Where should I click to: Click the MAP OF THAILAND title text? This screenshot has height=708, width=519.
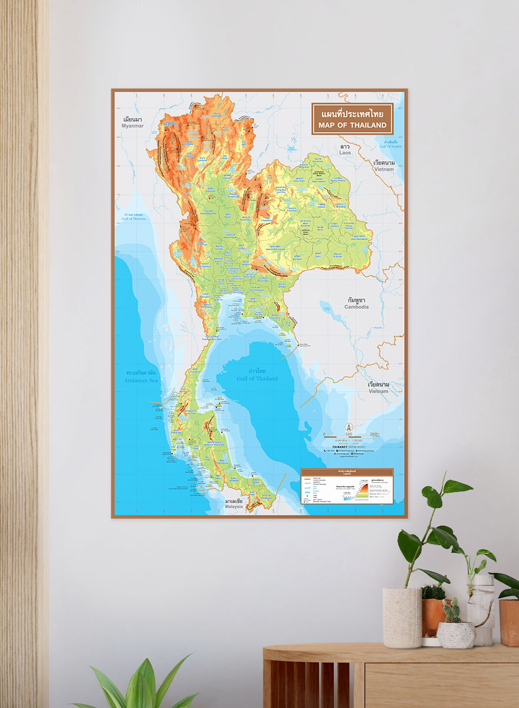coord(352,125)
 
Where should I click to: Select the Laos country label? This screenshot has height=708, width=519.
coord(345,153)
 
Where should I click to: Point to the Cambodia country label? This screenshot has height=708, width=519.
coord(357,307)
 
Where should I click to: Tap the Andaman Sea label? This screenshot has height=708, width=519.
coord(142,381)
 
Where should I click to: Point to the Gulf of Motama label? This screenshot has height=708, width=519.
coord(133,219)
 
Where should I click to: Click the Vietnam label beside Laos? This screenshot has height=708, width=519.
coord(383,169)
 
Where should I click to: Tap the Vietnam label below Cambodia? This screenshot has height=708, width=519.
coord(378,391)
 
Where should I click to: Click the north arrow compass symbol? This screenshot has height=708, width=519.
coord(349,427)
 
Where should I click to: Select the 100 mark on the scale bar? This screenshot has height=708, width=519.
coord(349,435)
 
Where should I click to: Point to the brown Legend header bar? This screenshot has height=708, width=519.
coord(347,472)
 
